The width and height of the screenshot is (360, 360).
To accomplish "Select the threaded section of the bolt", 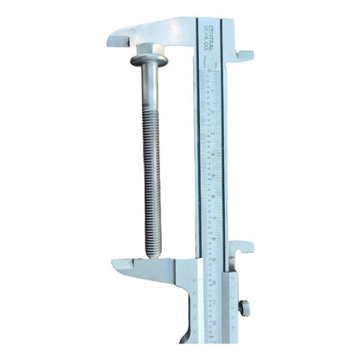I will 148,190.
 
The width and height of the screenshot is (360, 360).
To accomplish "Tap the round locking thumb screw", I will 245,307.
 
